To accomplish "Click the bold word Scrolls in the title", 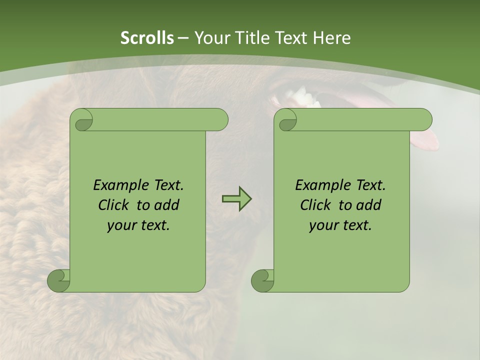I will pos(147,38).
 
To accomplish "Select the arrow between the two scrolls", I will pos(236,199).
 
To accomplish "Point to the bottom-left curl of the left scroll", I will pos(58,280).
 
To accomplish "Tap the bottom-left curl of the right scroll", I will pos(262,280).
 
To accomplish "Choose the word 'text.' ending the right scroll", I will pos(358,225).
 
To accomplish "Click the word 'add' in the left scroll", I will pos(166,205).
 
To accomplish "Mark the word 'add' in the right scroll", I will pos(368,205).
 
